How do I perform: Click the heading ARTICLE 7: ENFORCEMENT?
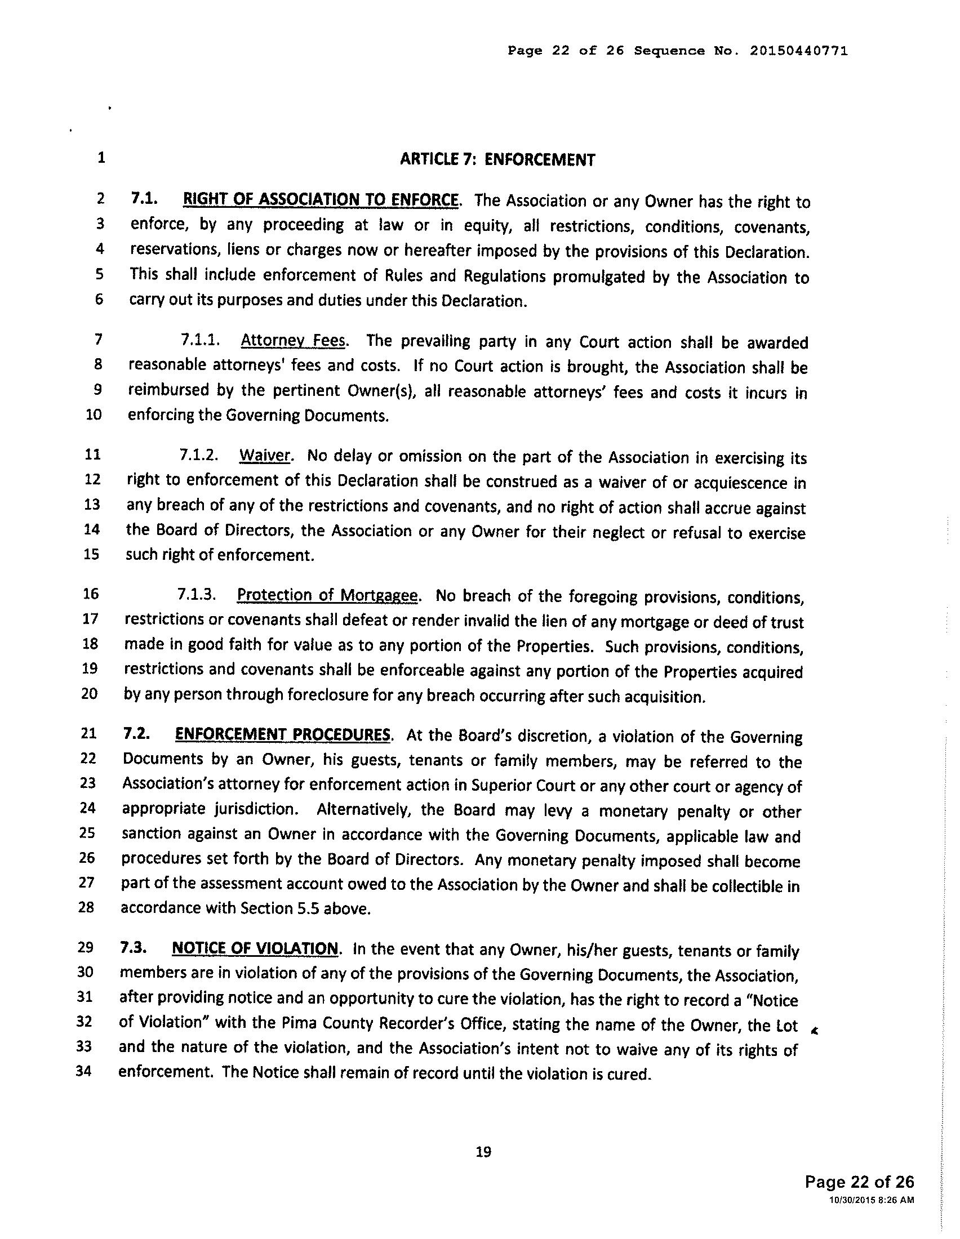tap(497, 159)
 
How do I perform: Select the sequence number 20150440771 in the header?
tap(799, 51)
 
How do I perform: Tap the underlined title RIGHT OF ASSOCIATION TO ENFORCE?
tap(320, 200)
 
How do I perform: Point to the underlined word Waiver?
tap(265, 456)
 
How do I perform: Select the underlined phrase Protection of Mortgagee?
tap(327, 595)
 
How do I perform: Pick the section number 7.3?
tap(132, 948)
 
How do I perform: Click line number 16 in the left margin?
tap(91, 594)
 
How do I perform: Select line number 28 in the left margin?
tap(86, 907)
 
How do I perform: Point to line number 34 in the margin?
tap(84, 1072)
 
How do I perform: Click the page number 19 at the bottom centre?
tap(483, 1152)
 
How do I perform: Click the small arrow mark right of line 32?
tap(815, 1031)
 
